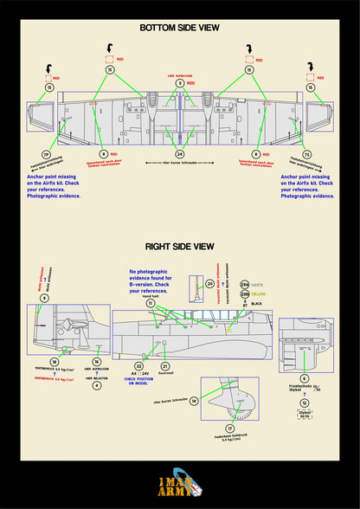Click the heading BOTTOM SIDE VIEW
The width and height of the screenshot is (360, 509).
tap(179, 28)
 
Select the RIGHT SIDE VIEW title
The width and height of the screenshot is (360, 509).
tap(180, 246)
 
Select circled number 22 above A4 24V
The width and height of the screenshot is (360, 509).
tap(139, 367)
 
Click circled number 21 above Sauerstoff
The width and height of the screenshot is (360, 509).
tap(164, 367)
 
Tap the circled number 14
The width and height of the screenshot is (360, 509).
tap(194, 401)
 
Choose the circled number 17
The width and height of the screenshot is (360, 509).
tap(230, 428)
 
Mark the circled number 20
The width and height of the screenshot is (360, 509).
tap(211, 283)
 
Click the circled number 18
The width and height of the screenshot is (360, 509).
tap(54, 362)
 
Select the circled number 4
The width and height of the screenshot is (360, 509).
tap(97, 385)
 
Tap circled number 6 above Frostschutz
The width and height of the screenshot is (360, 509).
tap(304, 378)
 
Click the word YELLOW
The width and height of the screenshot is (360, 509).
tap(259, 294)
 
